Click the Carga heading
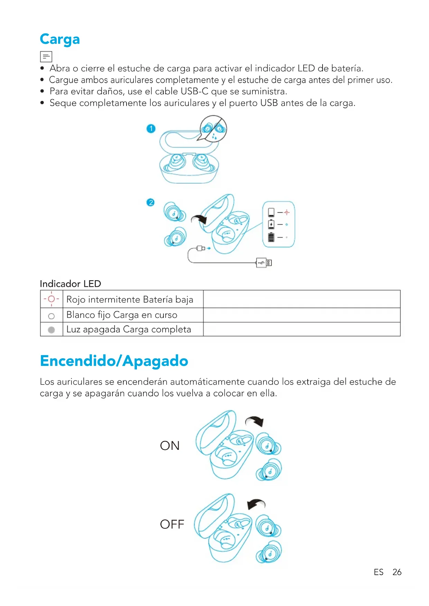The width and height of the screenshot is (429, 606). [60, 39]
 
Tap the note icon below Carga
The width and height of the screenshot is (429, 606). [46, 56]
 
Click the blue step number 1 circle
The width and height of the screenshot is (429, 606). [151, 129]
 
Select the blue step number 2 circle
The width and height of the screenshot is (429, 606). [150, 202]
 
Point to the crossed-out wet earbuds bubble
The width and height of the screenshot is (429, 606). [213, 129]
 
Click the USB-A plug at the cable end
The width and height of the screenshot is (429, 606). [264, 263]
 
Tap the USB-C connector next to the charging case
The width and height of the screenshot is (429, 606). [200, 248]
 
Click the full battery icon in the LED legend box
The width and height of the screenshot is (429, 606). [271, 237]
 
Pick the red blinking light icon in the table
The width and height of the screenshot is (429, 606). [52, 299]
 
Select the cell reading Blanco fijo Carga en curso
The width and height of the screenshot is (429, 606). [122, 315]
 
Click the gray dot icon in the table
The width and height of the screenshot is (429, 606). [52, 330]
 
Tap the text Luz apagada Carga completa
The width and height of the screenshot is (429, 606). [129, 330]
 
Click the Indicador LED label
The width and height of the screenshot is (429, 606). [71, 284]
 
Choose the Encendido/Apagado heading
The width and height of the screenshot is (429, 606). [114, 361]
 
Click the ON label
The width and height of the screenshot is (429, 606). [170, 446]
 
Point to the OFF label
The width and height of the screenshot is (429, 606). [172, 524]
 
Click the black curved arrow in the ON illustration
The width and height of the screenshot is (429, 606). [255, 421]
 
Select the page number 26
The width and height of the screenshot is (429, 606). [397, 572]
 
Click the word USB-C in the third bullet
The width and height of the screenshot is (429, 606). [195, 92]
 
